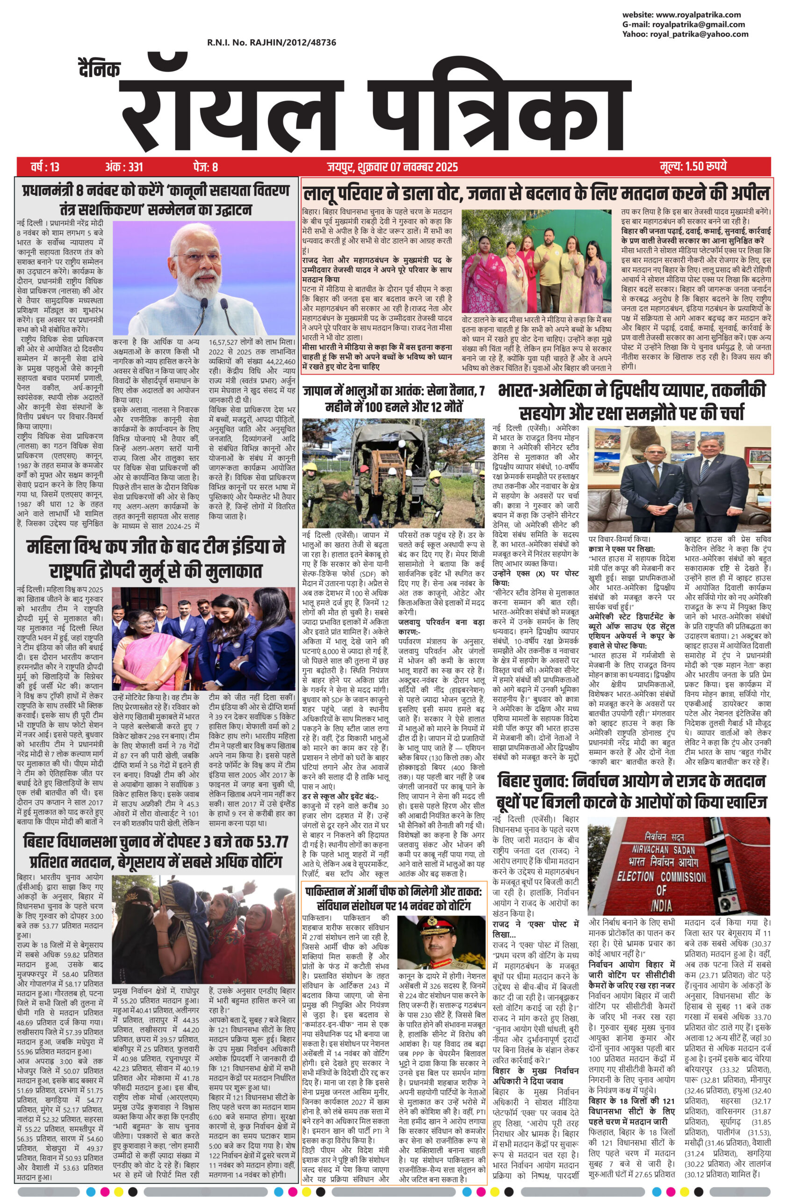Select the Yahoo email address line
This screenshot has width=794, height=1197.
685,35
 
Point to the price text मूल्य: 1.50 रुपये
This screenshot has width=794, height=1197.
693,166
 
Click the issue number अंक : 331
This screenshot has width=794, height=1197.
124,166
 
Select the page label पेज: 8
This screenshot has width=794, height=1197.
205,166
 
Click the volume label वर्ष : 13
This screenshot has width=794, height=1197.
44,166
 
